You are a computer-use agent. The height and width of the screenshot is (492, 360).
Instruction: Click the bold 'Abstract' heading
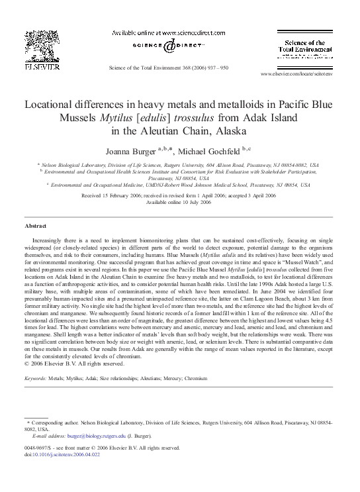[x=36, y=226]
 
